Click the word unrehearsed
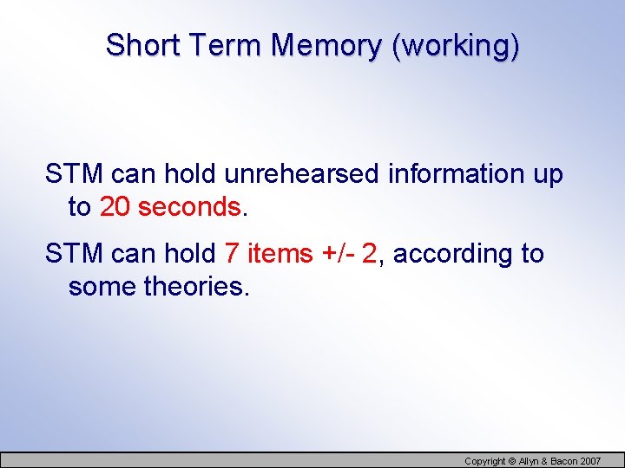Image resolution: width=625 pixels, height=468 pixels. (301, 174)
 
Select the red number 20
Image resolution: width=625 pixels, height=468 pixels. (115, 207)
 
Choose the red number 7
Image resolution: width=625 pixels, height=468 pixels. (231, 254)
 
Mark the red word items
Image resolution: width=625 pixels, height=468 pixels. (279, 254)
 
